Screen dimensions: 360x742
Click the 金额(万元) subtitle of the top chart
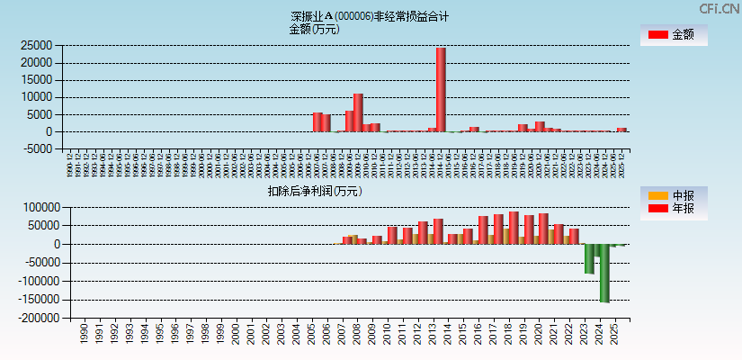(x=314, y=29)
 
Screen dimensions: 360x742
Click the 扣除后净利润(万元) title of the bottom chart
(x=314, y=191)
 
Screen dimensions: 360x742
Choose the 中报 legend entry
(x=672, y=195)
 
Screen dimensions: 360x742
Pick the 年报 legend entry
(x=672, y=209)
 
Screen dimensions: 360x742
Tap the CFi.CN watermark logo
(x=720, y=8)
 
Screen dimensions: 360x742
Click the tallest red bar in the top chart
(x=441, y=90)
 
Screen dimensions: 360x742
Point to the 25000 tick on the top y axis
(x=36, y=45)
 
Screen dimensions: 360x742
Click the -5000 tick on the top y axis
(x=36, y=149)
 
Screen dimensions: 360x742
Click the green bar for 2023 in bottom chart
(x=589, y=258)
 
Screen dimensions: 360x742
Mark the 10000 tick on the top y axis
(x=36, y=97)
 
